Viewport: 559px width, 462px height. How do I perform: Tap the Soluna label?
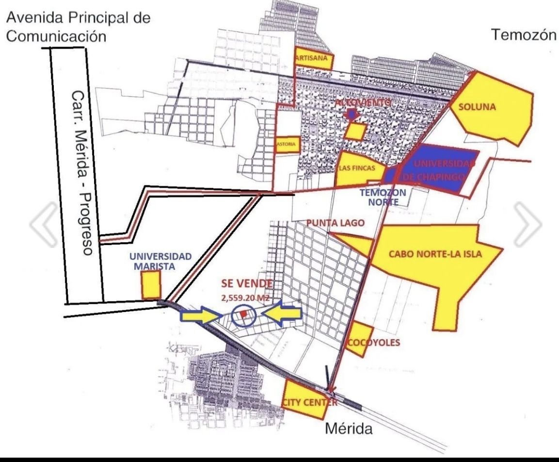pos(477,107)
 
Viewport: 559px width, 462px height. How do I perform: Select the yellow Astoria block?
pos(286,145)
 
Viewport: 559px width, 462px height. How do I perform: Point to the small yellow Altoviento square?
pos(356,131)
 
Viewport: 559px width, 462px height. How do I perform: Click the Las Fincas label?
pos(357,168)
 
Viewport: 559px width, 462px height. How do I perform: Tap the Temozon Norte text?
pos(383,197)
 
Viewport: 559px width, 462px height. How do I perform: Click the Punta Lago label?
pos(335,222)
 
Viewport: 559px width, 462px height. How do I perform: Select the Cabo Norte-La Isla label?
pos(435,254)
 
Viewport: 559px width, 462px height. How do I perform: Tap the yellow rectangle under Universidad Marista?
pos(150,285)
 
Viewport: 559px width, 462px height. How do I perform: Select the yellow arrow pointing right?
pos(200,316)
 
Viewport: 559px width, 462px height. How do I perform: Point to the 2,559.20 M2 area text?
pos(245,298)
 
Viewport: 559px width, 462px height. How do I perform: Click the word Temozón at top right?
pos(523,34)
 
